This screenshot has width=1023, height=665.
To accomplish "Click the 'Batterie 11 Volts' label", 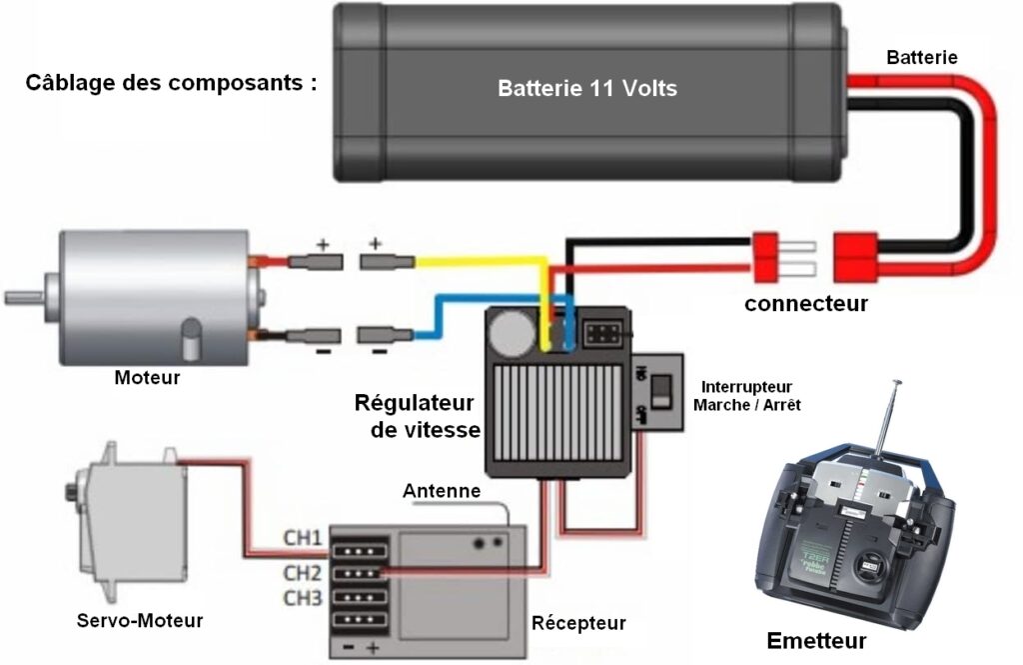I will pos(587,89).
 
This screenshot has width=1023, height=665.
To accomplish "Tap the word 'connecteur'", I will pos(806,302).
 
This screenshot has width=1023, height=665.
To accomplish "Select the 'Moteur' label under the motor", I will pos(147,378).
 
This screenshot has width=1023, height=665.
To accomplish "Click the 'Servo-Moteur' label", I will pos(140,621).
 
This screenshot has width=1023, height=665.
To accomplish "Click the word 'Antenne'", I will pos(442,492).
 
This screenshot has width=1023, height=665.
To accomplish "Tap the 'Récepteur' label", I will pos(578,623).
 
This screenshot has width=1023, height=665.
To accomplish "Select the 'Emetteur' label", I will pos(816,641).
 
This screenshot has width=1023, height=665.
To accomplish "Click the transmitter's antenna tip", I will pos(896,383).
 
